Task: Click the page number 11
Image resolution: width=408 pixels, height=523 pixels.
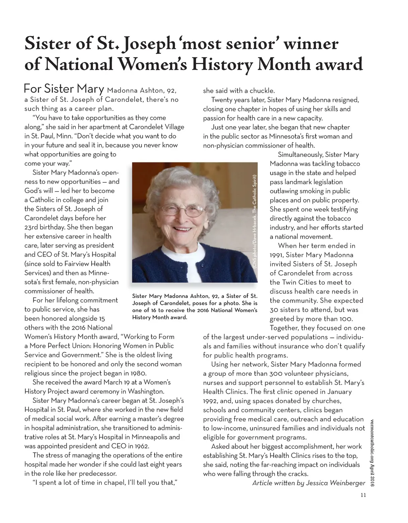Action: pyautogui.click(x=363, y=496)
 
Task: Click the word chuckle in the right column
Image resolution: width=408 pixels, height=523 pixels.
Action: pyautogui.click(x=261, y=91)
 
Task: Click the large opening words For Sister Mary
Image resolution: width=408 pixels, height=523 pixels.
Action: pyautogui.click(x=64, y=88)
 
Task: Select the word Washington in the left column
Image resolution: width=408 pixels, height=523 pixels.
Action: pyautogui.click(x=144, y=391)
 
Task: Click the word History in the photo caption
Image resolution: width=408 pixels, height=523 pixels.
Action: pyautogui.click(x=142, y=317)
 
